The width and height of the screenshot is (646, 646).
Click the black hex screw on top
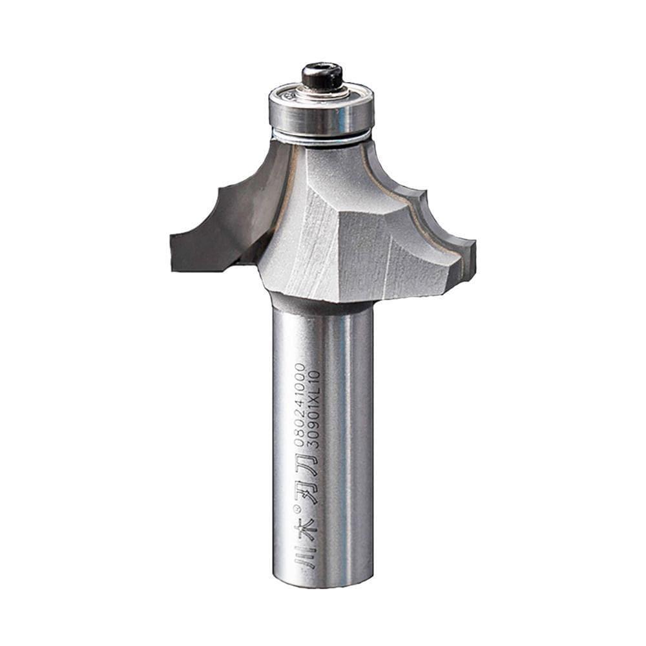click(x=322, y=76)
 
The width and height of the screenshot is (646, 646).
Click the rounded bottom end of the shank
click(x=323, y=581)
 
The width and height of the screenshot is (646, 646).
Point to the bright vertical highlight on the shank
click(x=348, y=439)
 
